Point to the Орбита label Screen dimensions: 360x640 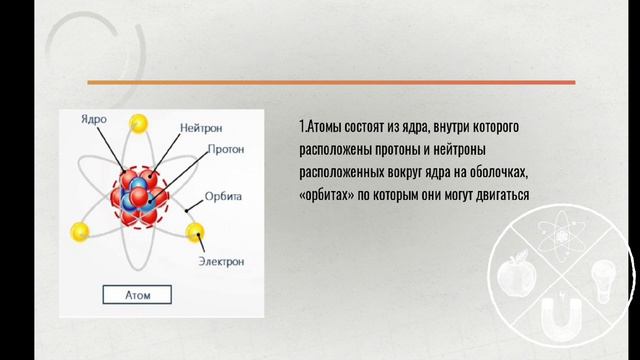224,196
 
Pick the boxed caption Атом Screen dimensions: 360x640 136,295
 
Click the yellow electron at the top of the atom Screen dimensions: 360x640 140,123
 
